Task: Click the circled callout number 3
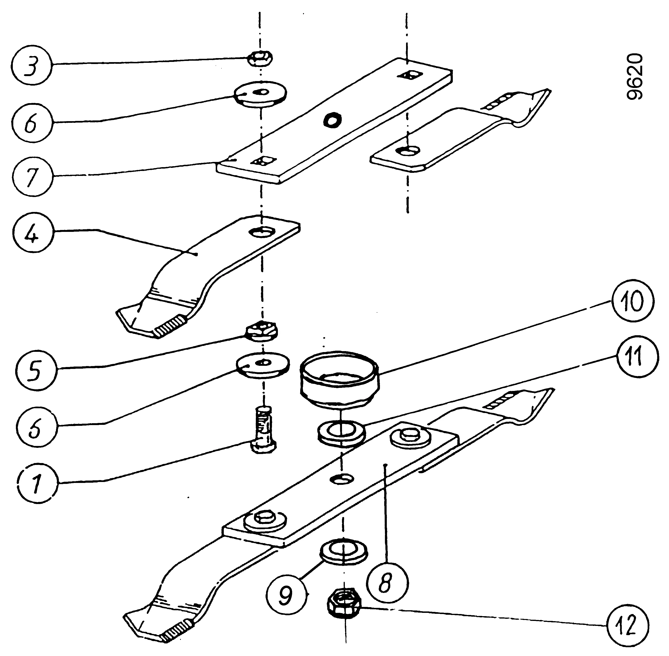[x=31, y=64]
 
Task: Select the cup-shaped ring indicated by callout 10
[x=340, y=378]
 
